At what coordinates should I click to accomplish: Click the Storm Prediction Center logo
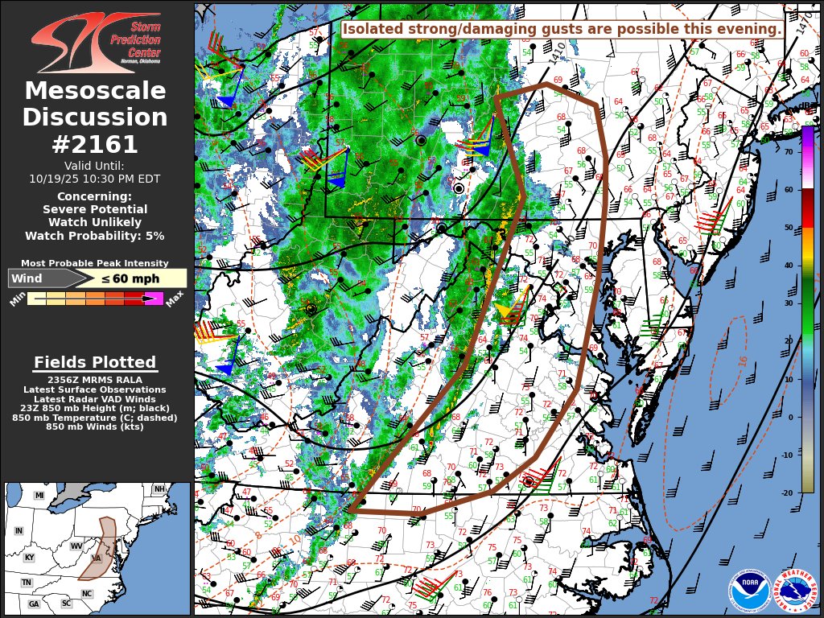pyautogui.click(x=96, y=42)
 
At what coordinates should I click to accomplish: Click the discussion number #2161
pyautogui.click(x=95, y=144)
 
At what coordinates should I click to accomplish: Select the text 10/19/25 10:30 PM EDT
pyautogui.click(x=95, y=179)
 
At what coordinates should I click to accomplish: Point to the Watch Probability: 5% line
pyautogui.click(x=95, y=236)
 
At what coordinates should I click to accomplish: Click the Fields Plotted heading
pyautogui.click(x=95, y=363)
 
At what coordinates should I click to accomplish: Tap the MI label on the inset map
pyautogui.click(x=39, y=496)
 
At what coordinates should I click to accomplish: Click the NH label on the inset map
pyautogui.click(x=159, y=489)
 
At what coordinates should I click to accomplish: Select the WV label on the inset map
pyautogui.click(x=77, y=546)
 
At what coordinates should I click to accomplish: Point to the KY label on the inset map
pyautogui.click(x=30, y=558)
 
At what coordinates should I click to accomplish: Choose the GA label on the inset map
pyautogui.click(x=34, y=604)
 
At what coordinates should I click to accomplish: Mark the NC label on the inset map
pyautogui.click(x=87, y=594)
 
